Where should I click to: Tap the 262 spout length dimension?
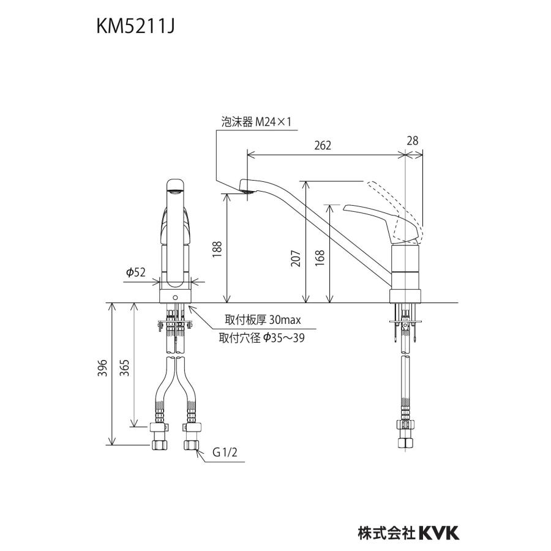pyautogui.click(x=322, y=145)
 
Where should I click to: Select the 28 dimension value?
pyautogui.click(x=413, y=141)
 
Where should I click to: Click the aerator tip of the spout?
pyautogui.click(x=246, y=192)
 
